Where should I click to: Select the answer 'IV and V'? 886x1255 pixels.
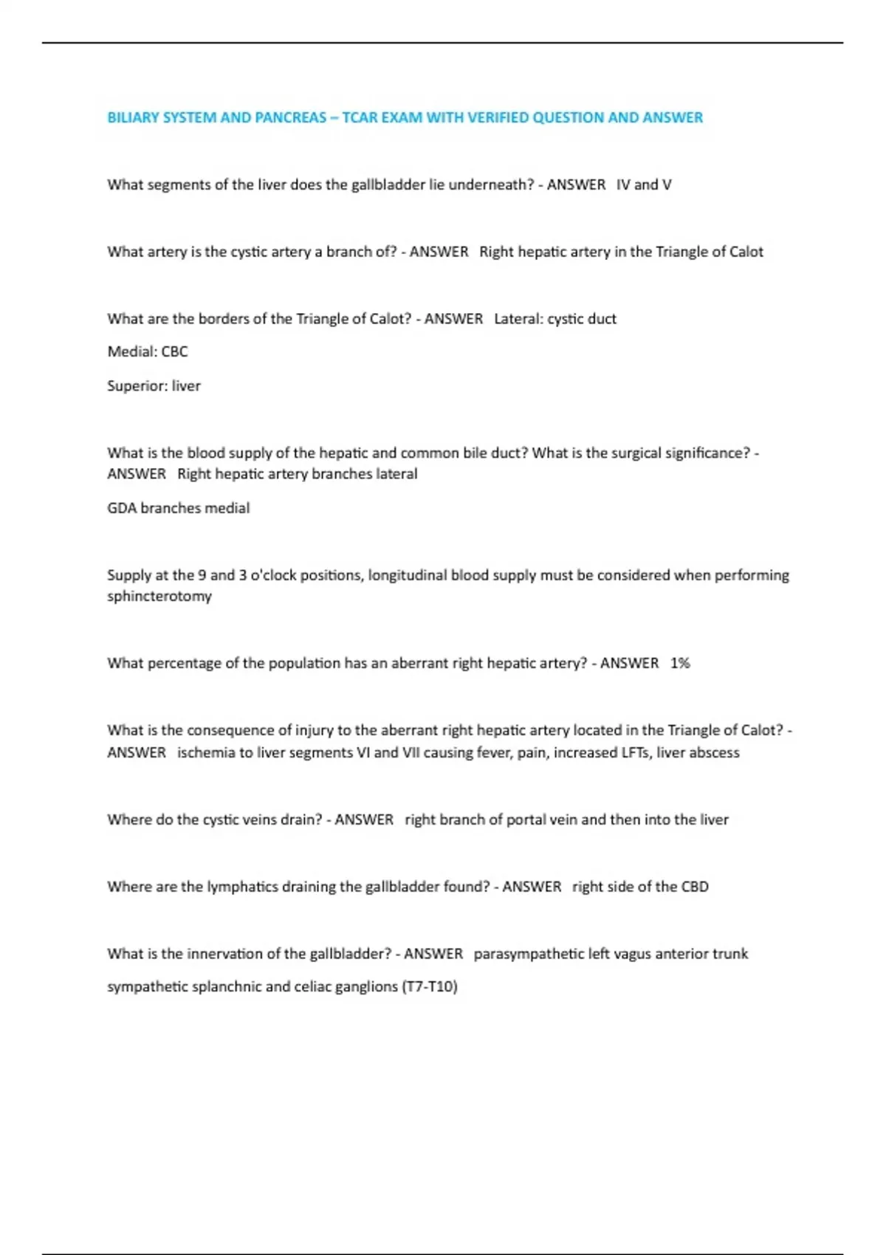tap(644, 185)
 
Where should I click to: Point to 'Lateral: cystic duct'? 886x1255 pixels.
tap(555, 319)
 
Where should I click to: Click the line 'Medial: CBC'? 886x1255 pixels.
tap(148, 351)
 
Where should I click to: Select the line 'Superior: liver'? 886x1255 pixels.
tap(154, 385)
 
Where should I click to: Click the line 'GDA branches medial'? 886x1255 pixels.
tap(178, 508)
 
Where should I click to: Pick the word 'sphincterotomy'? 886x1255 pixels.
tap(159, 596)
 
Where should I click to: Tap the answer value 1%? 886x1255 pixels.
tap(680, 663)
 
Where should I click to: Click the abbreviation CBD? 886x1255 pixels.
tap(695, 887)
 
